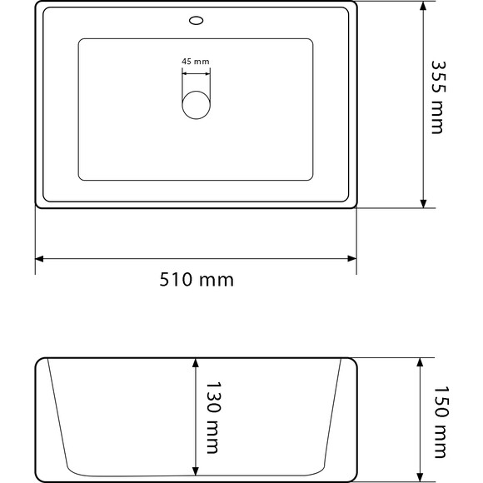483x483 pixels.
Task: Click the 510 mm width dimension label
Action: [197, 280]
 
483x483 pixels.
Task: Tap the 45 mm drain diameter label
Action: [197, 61]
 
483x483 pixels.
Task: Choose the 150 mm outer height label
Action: [441, 421]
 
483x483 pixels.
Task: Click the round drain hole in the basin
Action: [197, 106]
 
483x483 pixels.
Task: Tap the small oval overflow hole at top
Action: [197, 18]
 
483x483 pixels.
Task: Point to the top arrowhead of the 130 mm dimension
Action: [197, 364]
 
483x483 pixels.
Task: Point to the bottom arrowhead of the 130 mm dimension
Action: [197, 470]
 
